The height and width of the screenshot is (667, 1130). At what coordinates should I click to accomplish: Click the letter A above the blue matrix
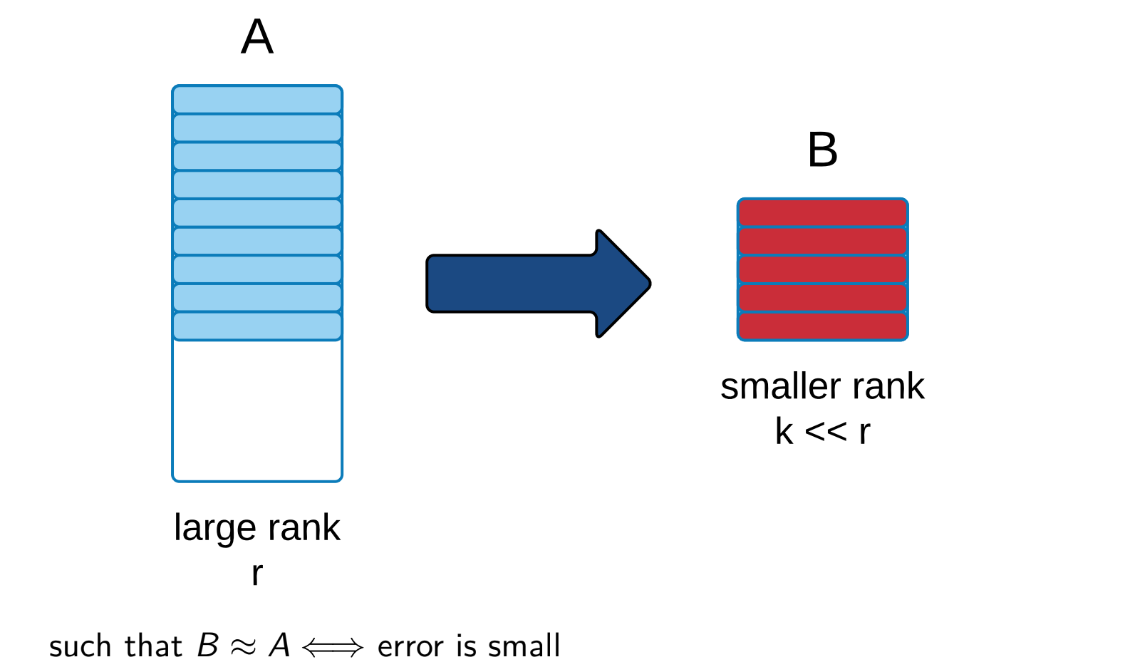[257, 36]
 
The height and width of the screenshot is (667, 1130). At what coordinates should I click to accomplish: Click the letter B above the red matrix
[822, 150]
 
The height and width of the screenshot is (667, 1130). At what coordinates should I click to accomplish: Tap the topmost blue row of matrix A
[257, 99]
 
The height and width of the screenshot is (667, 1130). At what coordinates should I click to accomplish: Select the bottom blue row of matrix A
[257, 326]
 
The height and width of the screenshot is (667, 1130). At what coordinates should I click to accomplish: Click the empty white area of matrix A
[257, 410]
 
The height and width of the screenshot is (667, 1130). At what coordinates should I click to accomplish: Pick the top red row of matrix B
[822, 213]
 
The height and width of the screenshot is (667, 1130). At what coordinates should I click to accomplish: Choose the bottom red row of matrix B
[822, 326]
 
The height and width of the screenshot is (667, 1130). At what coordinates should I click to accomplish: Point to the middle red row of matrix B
[822, 269]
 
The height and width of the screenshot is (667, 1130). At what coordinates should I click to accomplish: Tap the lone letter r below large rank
[257, 574]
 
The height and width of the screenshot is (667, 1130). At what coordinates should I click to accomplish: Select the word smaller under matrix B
[780, 387]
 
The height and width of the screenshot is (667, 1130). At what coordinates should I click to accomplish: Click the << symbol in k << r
[825, 432]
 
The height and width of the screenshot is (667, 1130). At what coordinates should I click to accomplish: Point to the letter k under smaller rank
[784, 431]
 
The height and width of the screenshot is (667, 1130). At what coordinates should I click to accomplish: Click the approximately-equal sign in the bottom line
[243, 647]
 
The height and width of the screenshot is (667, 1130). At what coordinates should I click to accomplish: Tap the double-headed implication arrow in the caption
[333, 647]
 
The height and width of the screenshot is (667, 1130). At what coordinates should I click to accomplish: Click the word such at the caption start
[81, 646]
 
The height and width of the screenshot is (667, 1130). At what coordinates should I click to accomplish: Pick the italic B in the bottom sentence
[208, 646]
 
